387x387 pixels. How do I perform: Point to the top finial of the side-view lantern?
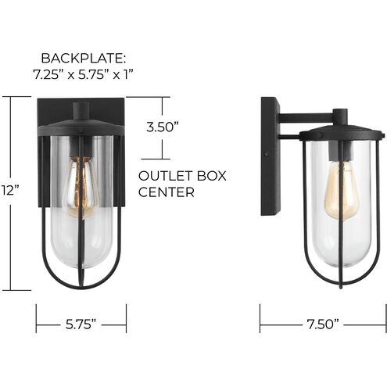click(337, 116)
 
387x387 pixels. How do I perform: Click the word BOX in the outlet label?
click(210, 176)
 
